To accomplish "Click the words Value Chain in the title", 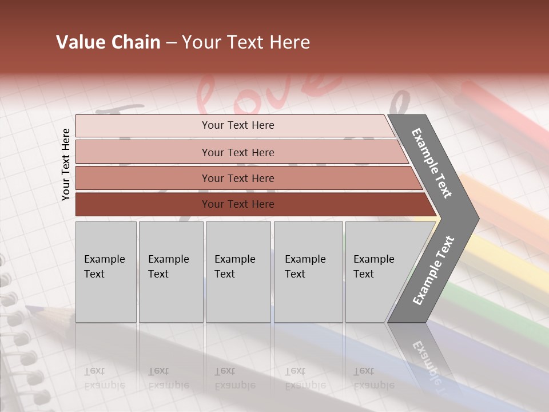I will [x=108, y=42].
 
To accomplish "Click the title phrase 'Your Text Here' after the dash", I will [x=246, y=42].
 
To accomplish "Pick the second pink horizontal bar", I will [x=237, y=152].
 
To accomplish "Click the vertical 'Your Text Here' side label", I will [x=66, y=164].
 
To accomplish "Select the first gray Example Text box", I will [x=106, y=272].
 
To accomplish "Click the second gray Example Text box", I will [x=170, y=272].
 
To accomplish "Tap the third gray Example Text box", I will [x=238, y=272].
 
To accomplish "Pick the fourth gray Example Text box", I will [x=308, y=272].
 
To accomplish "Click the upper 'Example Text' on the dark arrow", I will [x=432, y=163].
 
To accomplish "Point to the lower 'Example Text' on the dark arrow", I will [x=433, y=271].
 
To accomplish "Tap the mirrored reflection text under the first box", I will [x=105, y=378].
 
